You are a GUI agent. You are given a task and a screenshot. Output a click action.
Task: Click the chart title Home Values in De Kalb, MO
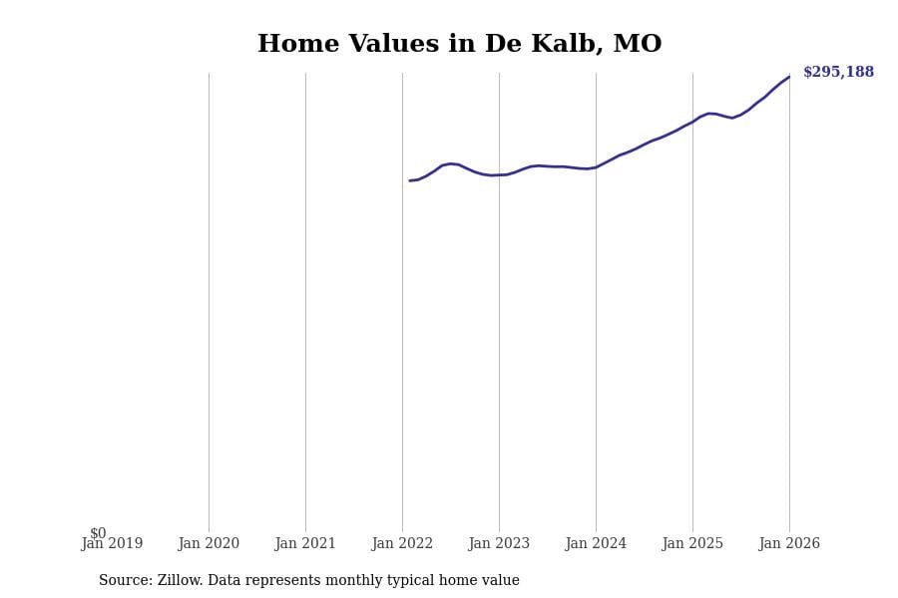459,45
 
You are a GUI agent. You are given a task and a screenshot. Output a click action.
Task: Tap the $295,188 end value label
838,73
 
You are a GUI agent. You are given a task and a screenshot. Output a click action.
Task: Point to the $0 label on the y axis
98,533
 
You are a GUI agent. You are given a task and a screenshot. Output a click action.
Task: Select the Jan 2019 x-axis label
112,544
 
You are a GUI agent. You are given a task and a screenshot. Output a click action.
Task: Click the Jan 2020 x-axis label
209,544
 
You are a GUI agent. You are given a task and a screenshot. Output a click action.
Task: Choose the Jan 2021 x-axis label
305,544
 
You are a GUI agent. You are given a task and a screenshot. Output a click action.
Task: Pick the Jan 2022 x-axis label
402,544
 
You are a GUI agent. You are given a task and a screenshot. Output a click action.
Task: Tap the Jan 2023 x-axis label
499,544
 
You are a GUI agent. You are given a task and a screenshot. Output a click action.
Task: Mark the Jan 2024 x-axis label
596,544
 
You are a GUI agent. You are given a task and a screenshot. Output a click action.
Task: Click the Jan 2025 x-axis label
692,544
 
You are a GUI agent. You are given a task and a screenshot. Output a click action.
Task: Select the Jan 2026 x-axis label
789,544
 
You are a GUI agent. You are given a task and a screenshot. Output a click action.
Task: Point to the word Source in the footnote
125,581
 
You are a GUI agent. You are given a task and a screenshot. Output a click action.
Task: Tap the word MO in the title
638,45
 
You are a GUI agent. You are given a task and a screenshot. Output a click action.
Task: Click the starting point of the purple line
409,180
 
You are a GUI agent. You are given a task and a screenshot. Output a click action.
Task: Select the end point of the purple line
789,77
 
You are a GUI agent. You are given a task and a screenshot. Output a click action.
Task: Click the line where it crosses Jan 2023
499,174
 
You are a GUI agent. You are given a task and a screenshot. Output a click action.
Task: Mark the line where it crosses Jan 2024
596,167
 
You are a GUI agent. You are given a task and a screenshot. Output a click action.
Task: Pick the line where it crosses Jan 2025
692,121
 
